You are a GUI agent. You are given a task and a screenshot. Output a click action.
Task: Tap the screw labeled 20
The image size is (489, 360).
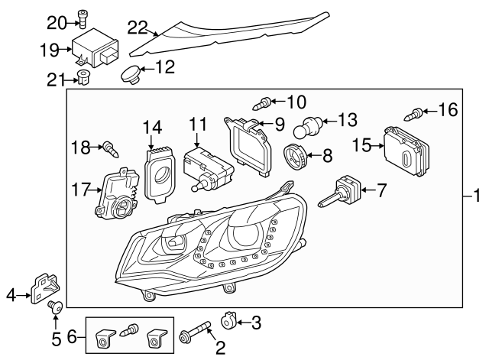point(83,19)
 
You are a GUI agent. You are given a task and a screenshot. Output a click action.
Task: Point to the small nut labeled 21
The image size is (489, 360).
point(83,76)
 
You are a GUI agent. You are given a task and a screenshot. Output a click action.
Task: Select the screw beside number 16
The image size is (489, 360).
point(416,113)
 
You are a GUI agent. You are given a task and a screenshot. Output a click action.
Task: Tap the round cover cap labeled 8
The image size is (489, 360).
point(296,156)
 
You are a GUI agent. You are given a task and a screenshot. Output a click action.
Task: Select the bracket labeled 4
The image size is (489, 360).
point(43,288)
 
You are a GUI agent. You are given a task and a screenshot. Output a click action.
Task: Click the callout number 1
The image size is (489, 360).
point(478,196)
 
